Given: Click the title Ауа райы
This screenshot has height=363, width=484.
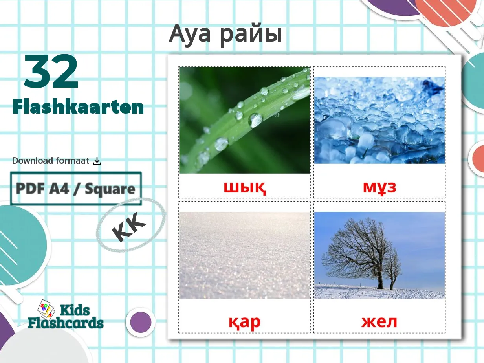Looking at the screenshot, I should click(225, 34).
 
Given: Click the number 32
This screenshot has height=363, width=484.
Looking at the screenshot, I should click(51, 72).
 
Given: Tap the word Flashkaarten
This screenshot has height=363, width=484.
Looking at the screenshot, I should click(78, 106).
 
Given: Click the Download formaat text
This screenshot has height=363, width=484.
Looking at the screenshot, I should click(51, 161).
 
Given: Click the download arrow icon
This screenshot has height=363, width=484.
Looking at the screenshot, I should click(97, 161).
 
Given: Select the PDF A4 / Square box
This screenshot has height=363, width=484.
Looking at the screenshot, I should click(76, 189).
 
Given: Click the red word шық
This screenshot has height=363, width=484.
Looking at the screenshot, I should click(245, 187).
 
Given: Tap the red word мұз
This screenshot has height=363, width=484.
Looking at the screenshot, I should click(379, 187).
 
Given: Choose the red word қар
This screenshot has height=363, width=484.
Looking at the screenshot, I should click(244, 322).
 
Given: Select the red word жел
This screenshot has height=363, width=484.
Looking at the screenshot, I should click(379, 322).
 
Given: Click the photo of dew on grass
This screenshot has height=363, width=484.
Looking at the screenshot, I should click(244, 120).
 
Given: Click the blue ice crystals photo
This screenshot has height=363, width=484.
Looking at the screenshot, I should click(379, 120).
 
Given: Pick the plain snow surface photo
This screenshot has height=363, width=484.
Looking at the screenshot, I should click(244, 255).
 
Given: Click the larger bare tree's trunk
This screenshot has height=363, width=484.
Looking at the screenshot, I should click(380, 279).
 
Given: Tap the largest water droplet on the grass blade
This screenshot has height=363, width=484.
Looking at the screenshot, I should click(255, 119).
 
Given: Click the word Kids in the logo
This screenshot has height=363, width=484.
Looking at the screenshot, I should click(75, 310).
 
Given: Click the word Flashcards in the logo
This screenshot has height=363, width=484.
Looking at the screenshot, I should click(66, 323).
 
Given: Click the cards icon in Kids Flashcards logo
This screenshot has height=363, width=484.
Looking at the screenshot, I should click(46, 308).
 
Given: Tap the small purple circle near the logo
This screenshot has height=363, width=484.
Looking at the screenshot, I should click(141, 322).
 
